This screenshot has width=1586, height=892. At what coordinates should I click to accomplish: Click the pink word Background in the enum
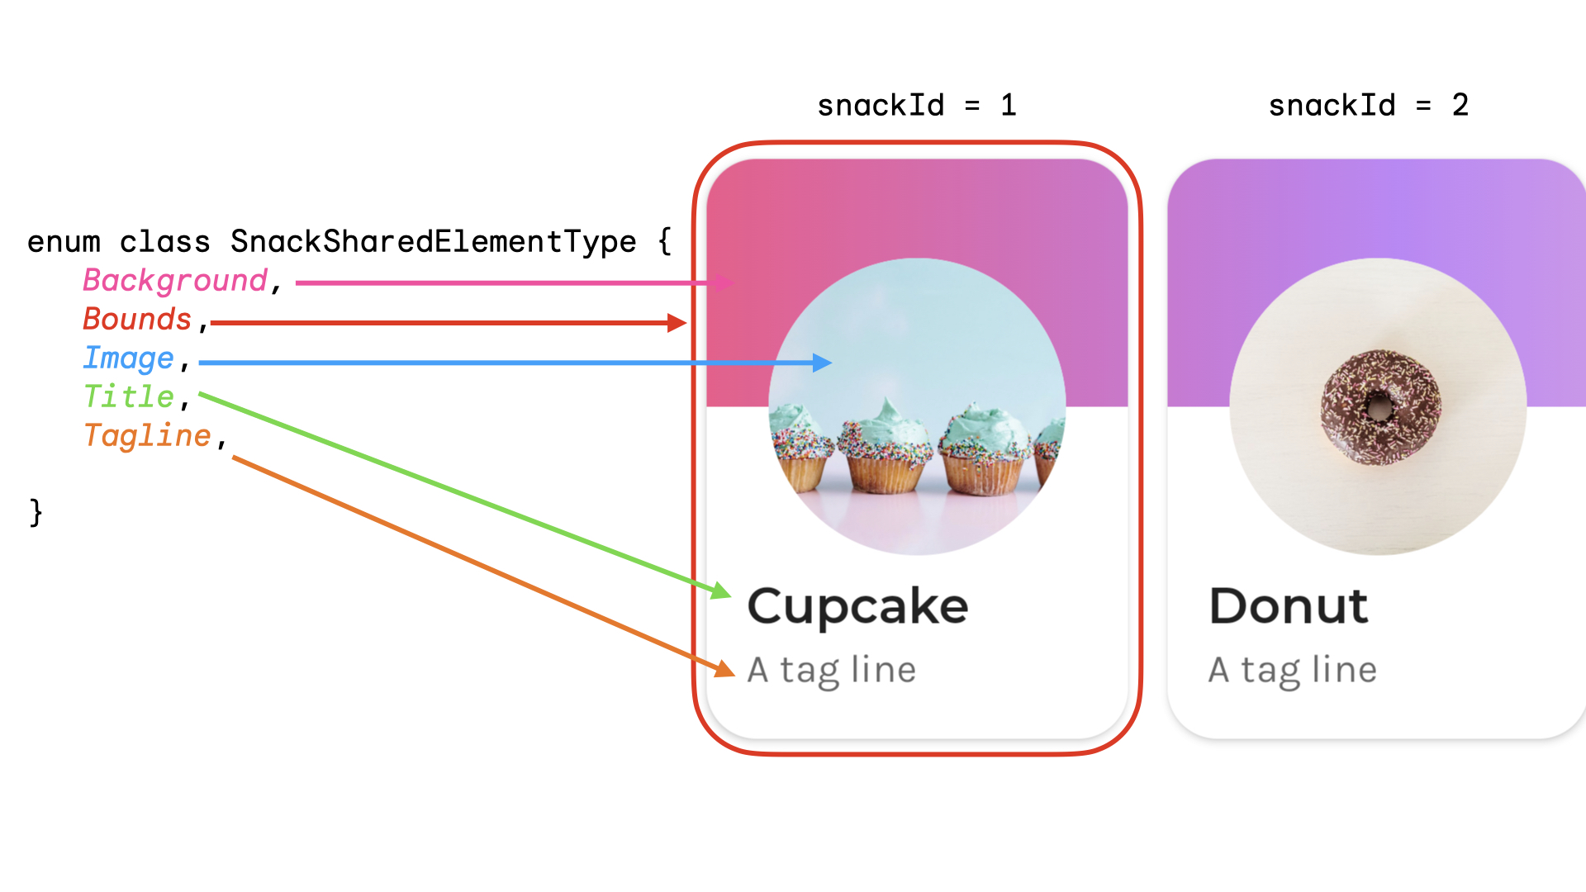coord(175,281)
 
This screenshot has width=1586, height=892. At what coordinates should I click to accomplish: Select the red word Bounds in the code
coord(137,320)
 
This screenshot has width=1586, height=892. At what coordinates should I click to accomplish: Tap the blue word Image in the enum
coord(129,358)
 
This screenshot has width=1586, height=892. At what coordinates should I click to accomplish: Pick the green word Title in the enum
coord(129,397)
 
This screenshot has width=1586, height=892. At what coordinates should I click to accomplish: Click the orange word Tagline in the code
coord(148,436)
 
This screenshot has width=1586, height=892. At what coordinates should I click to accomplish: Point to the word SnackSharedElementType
coord(433,242)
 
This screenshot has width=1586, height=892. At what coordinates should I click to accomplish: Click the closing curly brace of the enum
coord(36,512)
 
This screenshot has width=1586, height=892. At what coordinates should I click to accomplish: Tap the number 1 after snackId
coord(1008,106)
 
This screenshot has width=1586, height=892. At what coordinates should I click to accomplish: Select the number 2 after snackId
coord(1460,106)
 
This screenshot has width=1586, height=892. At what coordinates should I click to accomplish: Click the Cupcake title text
coord(857,607)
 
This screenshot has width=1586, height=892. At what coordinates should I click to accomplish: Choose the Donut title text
coord(1289,606)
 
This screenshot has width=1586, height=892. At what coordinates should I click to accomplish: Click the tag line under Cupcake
coord(832,670)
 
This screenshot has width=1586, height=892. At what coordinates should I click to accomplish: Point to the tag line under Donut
coord(1293,670)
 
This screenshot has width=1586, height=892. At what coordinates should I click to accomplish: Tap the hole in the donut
coord(1379,406)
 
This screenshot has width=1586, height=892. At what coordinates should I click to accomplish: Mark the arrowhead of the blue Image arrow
coord(823,363)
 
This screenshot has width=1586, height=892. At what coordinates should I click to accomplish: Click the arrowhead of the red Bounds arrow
coord(677,323)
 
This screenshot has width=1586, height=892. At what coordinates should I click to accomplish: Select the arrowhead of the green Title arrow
coord(722,591)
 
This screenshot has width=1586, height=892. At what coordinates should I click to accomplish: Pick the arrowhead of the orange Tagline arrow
coord(725,669)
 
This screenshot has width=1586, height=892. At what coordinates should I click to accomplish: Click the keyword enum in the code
coord(64,242)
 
